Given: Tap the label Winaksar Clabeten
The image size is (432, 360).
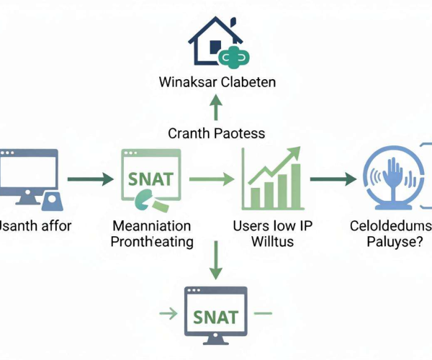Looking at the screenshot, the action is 217,82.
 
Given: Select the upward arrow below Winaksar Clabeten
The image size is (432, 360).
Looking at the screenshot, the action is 216,107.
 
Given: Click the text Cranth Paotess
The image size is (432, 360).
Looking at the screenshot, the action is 217,134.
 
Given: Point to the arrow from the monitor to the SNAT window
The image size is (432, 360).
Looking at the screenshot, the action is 91,179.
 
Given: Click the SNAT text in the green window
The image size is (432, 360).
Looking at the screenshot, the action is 150,179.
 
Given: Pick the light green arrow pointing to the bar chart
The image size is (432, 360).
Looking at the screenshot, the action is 212,179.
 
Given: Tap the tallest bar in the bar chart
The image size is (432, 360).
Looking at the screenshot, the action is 296,186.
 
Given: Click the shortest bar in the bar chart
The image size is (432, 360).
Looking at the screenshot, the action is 256,198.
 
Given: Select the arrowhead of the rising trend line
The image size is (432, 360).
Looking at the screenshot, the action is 294,153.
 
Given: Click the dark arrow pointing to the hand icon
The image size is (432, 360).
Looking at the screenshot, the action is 333,179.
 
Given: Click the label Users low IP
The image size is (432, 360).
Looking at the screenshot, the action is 273,226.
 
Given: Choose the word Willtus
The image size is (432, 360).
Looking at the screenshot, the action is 272,242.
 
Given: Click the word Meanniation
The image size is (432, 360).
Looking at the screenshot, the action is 152,226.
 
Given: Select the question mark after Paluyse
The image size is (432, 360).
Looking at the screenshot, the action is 420,241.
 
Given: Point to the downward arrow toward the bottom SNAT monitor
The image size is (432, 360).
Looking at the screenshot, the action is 216,260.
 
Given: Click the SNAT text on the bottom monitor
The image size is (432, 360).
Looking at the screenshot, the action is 216,317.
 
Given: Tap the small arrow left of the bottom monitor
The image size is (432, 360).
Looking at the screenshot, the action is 168,313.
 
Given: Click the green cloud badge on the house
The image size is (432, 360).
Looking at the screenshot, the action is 234,56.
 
